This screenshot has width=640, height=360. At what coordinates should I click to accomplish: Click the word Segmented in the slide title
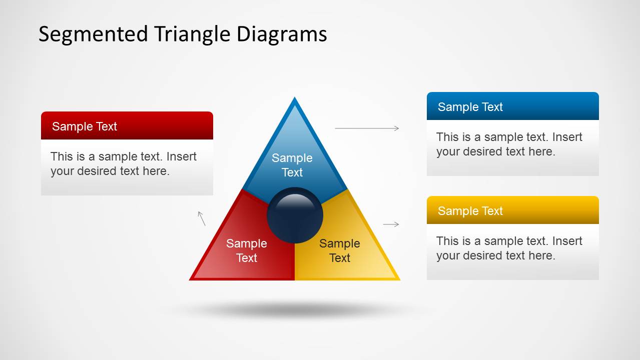click(93, 35)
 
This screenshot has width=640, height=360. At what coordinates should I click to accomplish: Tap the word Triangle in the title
click(193, 35)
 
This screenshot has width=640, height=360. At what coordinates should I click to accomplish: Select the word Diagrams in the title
click(282, 34)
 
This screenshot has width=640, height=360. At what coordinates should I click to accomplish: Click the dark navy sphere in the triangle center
click(295, 215)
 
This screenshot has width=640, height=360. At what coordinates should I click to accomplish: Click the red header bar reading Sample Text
click(127, 125)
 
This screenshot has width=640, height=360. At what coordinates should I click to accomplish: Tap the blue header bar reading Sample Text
click(513, 106)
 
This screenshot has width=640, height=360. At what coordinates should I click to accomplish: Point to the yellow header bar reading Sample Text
click(513, 210)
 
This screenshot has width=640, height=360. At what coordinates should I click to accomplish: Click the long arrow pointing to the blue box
click(367, 128)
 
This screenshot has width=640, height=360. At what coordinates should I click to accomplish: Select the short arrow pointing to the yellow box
click(391, 224)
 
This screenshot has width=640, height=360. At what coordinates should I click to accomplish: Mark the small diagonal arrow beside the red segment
click(202, 218)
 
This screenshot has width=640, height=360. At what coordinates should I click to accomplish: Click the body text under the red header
click(124, 164)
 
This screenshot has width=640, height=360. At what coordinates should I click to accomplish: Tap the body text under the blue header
click(509, 144)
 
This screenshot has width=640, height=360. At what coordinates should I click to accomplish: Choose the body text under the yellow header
click(509, 248)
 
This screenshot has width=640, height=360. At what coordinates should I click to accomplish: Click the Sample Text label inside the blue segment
click(292, 165)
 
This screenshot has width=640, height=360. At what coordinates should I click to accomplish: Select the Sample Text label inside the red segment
click(247, 250)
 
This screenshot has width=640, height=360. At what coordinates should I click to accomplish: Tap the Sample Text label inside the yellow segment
click(340, 250)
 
